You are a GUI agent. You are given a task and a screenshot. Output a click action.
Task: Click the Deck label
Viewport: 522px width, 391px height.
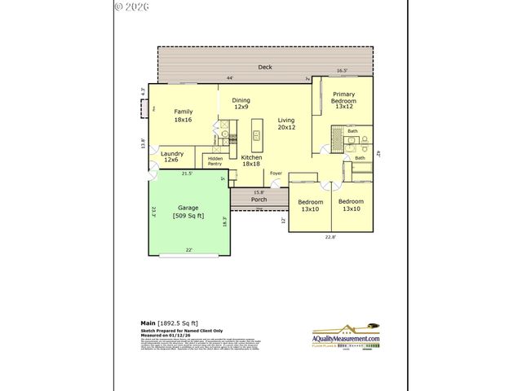pyautogui.click(x=265, y=67)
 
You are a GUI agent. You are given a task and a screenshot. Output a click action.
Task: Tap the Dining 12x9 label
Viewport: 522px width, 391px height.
pyautogui.click(x=241, y=103)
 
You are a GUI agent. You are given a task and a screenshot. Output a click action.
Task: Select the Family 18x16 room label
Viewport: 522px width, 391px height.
pyautogui.click(x=183, y=116)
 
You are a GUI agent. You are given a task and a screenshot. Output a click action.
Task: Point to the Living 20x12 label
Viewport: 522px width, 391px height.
pyautogui.click(x=286, y=122)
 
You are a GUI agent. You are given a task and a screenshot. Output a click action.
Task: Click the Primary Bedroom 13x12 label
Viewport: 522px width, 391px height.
pyautogui.click(x=343, y=100)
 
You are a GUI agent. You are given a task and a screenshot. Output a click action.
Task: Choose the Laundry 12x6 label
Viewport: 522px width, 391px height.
pyautogui.click(x=172, y=156)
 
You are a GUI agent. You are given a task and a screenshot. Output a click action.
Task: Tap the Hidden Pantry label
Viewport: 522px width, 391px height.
pyautogui.click(x=215, y=161)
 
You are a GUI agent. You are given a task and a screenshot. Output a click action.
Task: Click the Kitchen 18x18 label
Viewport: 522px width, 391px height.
pyautogui.click(x=251, y=160)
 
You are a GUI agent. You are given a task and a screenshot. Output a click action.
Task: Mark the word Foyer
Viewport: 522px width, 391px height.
pyautogui.click(x=276, y=173)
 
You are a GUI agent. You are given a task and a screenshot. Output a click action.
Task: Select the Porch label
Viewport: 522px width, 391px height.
pyautogui.click(x=259, y=199)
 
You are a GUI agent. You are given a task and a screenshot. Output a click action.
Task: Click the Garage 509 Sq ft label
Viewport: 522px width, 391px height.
pyautogui.click(x=188, y=212)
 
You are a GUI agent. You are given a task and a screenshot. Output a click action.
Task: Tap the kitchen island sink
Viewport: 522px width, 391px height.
pyautogui.click(x=257, y=135)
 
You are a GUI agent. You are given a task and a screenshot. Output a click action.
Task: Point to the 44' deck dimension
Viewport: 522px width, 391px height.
pyautogui.click(x=231, y=78)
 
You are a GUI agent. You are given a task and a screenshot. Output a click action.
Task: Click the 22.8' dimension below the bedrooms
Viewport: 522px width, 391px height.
pyautogui.click(x=330, y=237)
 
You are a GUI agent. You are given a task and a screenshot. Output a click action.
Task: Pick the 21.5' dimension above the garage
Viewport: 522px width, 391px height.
pyautogui.click(x=187, y=174)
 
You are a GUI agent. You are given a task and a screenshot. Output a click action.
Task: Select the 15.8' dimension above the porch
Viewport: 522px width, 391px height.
pyautogui.click(x=258, y=192)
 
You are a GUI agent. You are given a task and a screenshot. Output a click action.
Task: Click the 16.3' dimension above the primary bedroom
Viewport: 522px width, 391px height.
pyautogui.click(x=343, y=71)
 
